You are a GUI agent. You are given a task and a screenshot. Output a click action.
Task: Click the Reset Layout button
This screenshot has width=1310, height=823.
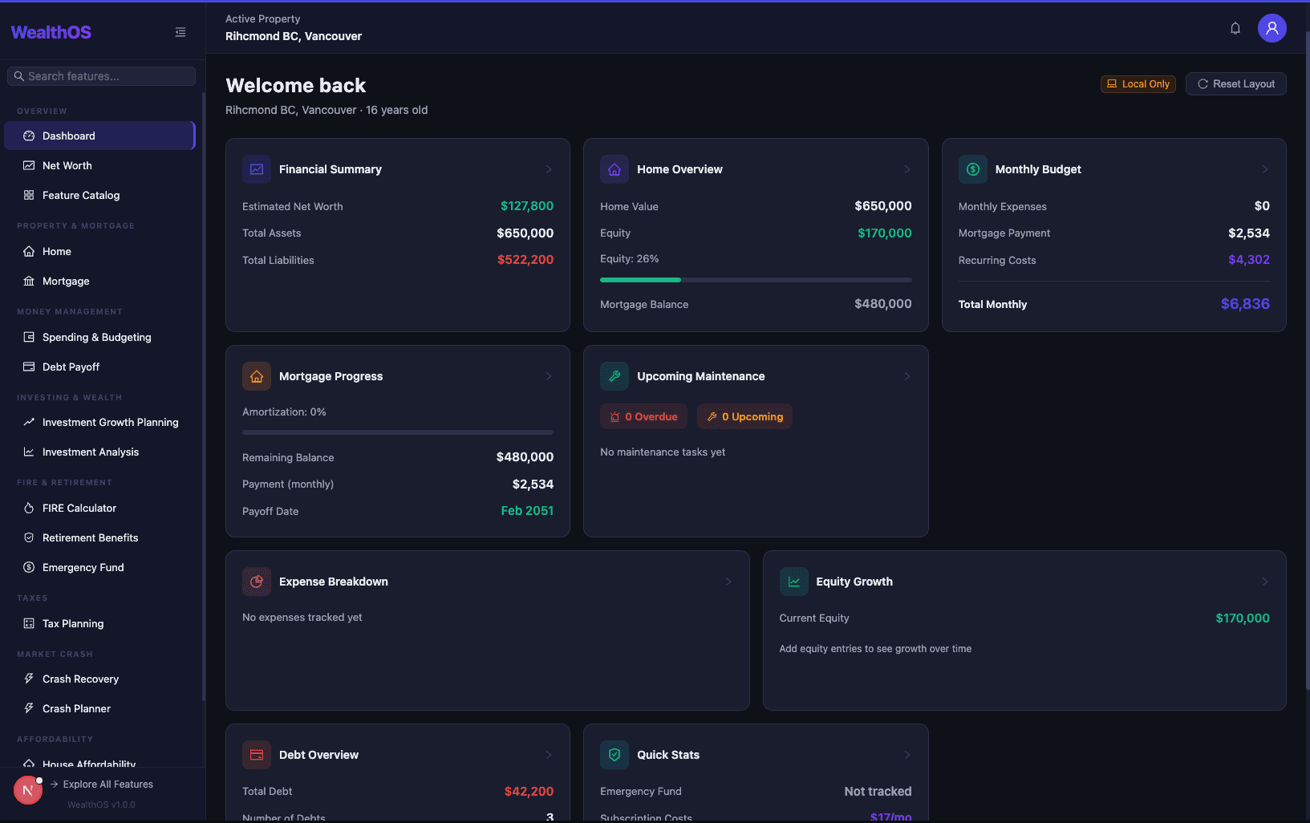[1235, 84]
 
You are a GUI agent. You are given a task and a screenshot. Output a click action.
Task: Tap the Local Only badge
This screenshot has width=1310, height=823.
[1138, 84]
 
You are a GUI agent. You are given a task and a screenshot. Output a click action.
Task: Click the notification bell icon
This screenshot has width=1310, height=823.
[1235, 29]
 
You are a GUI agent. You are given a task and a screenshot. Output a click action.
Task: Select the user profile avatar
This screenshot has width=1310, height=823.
[1271, 29]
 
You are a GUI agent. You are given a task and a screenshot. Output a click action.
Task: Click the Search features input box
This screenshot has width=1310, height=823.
[102, 76]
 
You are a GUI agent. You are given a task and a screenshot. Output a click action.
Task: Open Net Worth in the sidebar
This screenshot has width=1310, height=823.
[67, 166]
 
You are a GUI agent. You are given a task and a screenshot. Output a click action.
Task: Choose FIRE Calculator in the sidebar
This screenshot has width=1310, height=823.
[79, 509]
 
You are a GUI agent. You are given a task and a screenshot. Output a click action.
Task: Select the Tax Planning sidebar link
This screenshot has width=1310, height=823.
[72, 624]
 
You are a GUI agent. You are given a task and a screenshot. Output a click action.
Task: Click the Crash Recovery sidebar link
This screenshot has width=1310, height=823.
[80, 679]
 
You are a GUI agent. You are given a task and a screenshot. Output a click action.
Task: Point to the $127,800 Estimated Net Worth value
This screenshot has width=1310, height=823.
[526, 206]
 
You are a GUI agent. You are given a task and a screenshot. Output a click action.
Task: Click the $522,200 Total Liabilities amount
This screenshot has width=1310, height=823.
[525, 260]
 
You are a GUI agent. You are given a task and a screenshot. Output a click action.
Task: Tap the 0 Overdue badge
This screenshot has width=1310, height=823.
[643, 417]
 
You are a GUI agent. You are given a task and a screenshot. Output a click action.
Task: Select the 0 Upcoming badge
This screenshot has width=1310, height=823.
[744, 417]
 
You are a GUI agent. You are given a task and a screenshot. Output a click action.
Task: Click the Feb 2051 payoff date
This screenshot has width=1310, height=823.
[527, 511]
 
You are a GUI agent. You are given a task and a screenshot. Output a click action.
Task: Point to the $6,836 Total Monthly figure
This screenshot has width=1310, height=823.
[1244, 304]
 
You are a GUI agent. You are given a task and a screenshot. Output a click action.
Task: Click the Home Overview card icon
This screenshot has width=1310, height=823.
[614, 169]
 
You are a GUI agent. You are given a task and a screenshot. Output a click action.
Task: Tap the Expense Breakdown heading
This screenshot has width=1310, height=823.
[333, 582]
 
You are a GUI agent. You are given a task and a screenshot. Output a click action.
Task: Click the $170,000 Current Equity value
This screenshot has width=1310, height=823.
[1242, 618]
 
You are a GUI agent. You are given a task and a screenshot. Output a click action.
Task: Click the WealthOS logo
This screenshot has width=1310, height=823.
[51, 33]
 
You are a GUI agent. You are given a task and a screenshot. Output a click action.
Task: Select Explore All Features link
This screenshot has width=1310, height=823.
[107, 784]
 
